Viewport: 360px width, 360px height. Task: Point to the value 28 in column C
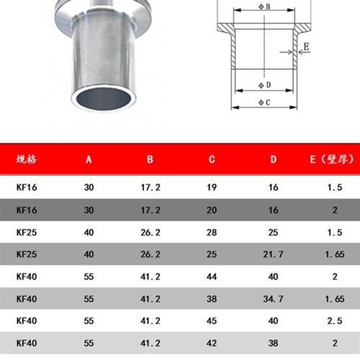[212, 232]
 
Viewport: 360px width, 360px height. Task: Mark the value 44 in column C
[212, 276]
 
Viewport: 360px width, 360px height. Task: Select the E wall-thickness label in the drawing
[307, 48]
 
